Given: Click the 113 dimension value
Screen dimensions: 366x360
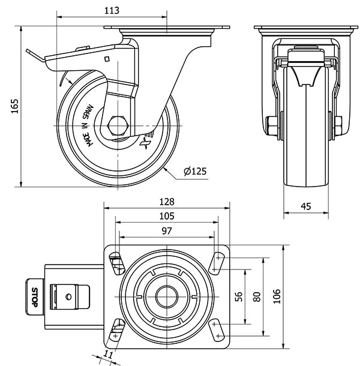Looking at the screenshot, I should click(x=111, y=10).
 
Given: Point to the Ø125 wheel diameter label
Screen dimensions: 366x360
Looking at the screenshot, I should click(x=195, y=172).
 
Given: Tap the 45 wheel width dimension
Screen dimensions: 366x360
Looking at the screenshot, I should click(x=305, y=206).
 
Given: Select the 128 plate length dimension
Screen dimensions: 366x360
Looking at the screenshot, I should click(x=167, y=202).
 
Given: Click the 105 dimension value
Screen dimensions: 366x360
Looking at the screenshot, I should click(x=167, y=216).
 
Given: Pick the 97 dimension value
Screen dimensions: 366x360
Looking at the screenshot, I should click(x=167, y=231).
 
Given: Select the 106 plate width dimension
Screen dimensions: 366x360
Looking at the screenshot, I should click(x=277, y=296).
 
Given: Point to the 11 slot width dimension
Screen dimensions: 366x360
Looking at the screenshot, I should click(x=108, y=354).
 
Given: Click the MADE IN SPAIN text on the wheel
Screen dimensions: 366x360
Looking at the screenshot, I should click(x=88, y=122).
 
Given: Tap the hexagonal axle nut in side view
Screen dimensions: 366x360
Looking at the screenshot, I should click(x=118, y=126).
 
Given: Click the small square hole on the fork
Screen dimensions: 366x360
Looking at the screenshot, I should click(x=106, y=59).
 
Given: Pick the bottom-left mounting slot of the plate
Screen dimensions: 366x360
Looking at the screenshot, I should click(x=116, y=329).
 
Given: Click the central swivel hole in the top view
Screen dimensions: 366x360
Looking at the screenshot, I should click(x=167, y=296).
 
